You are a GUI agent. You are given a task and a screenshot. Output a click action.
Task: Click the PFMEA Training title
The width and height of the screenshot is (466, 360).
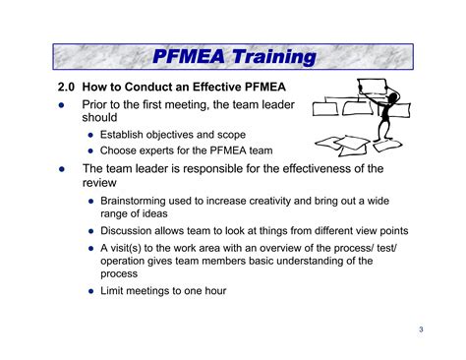coord(234,57)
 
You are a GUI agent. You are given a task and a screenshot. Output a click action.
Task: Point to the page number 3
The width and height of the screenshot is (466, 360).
coord(420,330)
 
